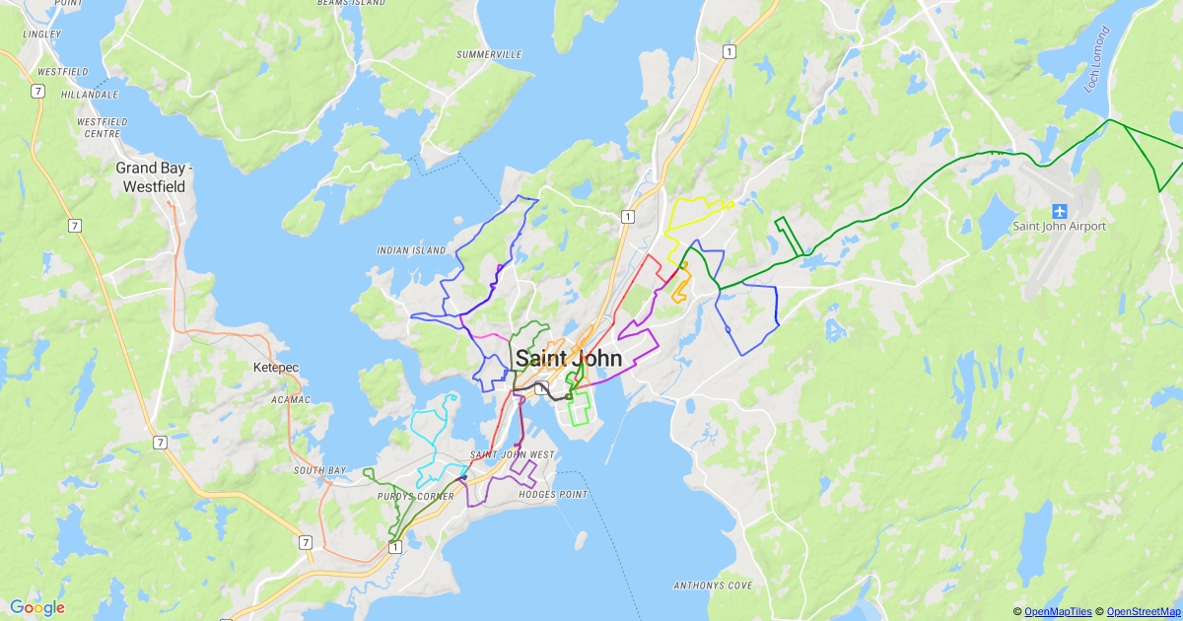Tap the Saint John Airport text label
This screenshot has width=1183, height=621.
1060,227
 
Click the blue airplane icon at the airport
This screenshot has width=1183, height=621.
1060,210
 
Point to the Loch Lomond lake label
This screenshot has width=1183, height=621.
1097,59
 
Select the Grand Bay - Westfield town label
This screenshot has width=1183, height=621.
155,177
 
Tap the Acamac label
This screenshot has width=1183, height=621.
290,399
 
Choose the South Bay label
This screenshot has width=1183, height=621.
319,470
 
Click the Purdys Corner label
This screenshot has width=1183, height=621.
415,497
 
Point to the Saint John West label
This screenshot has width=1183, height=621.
513,454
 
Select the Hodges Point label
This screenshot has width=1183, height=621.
552,495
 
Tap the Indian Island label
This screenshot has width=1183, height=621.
412,250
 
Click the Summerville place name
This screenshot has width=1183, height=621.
489,54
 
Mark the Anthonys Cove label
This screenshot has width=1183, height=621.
713,586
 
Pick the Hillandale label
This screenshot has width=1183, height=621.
89,95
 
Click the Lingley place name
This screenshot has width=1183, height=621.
42,34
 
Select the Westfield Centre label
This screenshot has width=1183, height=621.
103,127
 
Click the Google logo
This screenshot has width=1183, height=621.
37,607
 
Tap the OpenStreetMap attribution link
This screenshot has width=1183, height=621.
1141,612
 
